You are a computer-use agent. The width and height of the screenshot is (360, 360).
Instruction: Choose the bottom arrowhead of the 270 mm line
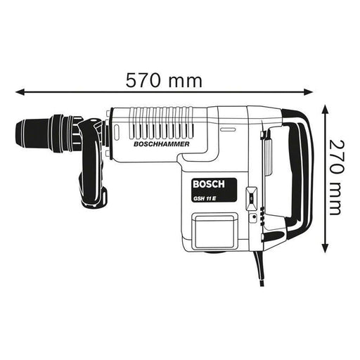coord(325,249)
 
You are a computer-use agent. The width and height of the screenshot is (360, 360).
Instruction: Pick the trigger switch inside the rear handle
coord(268,151)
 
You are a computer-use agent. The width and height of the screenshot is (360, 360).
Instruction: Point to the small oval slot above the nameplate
coord(226,130)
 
